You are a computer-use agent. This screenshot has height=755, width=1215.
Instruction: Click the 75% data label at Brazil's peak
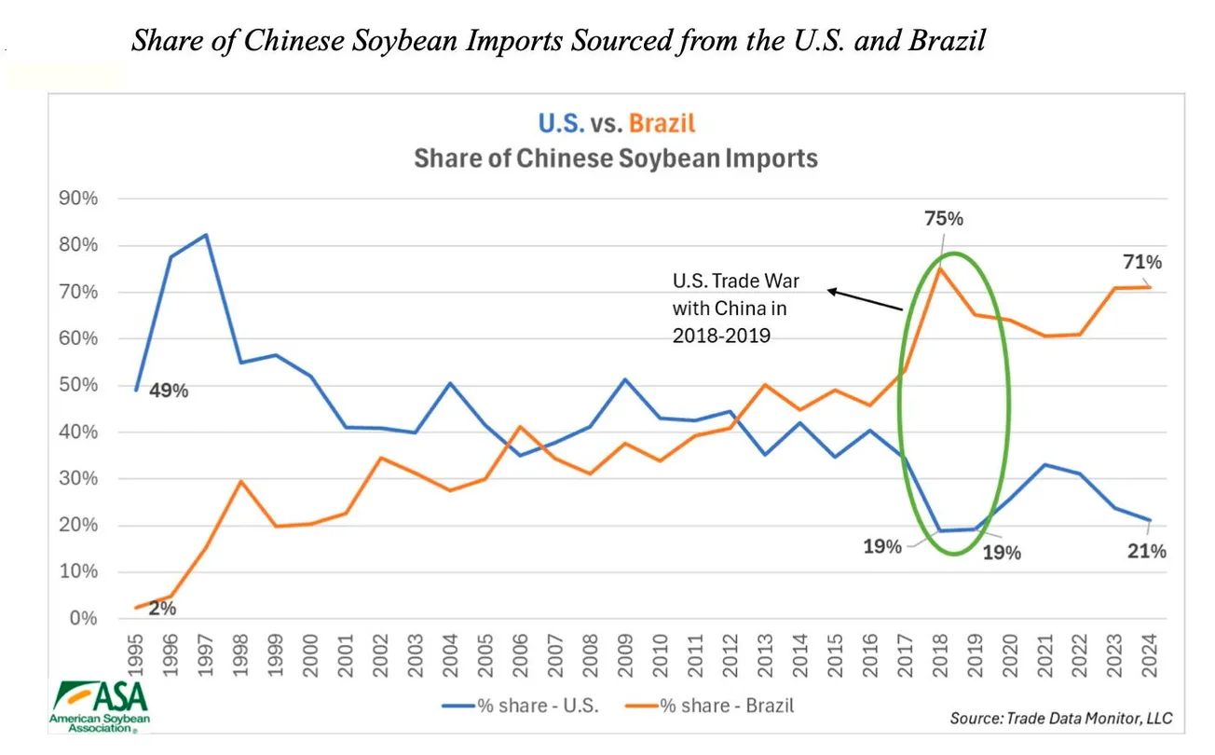click(943, 220)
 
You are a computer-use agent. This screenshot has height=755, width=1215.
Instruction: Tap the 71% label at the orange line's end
click(1144, 262)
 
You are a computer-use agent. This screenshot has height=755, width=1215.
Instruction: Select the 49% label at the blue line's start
click(169, 391)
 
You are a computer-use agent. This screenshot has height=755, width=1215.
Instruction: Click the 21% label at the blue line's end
click(1147, 551)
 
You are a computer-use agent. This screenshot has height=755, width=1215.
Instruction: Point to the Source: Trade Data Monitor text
click(1060, 719)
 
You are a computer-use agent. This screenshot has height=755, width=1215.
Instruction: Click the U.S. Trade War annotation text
click(736, 309)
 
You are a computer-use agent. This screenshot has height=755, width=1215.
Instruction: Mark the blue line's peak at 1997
click(206, 235)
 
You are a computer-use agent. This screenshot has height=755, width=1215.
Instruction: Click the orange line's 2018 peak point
click(942, 268)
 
